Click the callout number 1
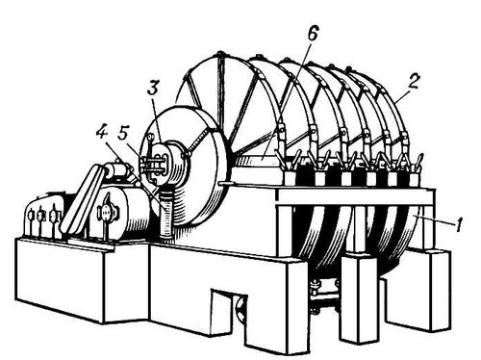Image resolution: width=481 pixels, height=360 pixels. [459, 224]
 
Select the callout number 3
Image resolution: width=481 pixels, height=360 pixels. [153, 87]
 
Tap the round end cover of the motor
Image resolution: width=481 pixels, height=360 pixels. [106, 212]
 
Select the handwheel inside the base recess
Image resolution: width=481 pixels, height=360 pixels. [241, 309]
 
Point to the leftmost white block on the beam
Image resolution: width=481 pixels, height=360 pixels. [291, 179]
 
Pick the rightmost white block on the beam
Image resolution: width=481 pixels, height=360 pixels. [414, 179]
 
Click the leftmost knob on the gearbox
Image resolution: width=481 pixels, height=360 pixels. [31, 216]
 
